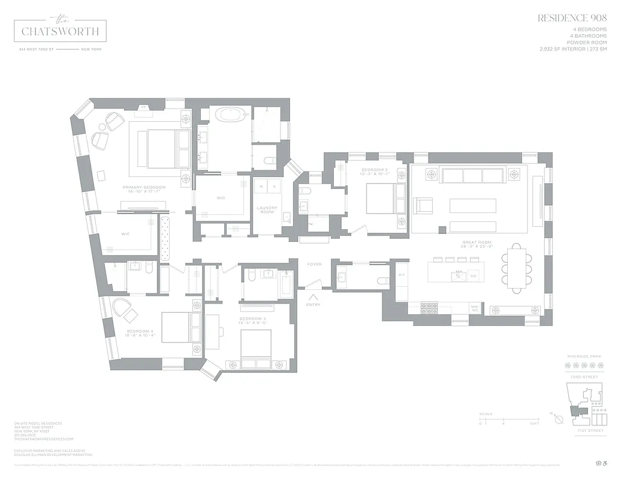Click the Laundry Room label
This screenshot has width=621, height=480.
point(267,209)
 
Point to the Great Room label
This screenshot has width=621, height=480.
point(477,244)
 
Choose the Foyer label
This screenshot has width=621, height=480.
point(314,264)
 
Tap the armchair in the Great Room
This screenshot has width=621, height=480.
point(424,205)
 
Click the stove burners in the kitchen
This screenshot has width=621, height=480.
point(430,308)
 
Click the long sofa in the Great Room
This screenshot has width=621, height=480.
point(472,175)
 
